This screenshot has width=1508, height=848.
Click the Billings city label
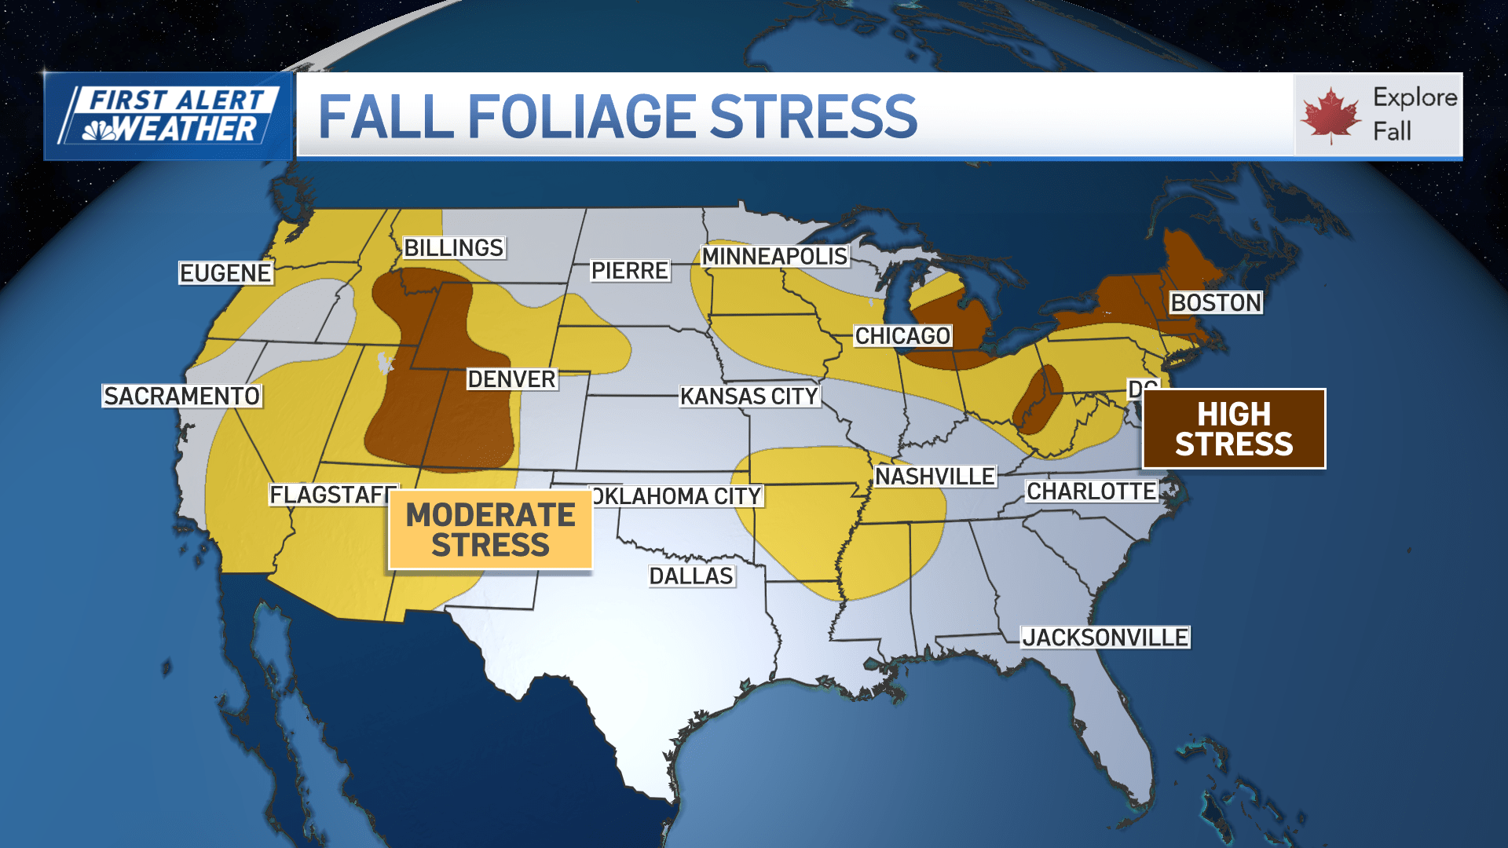coord(453,248)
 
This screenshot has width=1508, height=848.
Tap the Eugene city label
coord(225,273)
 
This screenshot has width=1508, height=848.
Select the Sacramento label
coord(181,396)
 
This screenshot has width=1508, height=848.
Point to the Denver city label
coord(511,379)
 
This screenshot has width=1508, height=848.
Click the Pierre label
coord(629,271)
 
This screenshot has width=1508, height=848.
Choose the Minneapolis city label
coord(774,257)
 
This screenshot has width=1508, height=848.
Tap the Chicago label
coord(902,336)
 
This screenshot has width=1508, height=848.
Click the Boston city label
coord(1215,303)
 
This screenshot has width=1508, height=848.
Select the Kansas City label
coord(749,397)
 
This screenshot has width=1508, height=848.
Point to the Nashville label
coord(935,477)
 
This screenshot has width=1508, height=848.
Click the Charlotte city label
coord(1091,492)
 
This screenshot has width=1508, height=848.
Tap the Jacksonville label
coord(1105,638)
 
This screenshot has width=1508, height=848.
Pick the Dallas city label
coord(691,576)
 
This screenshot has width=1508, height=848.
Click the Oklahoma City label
coord(677,496)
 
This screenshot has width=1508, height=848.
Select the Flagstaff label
coord(331,495)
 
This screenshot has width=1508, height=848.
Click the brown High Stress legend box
coord(1234,429)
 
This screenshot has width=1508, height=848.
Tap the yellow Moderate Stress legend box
coord(490,530)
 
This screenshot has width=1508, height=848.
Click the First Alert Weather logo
coord(169,116)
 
